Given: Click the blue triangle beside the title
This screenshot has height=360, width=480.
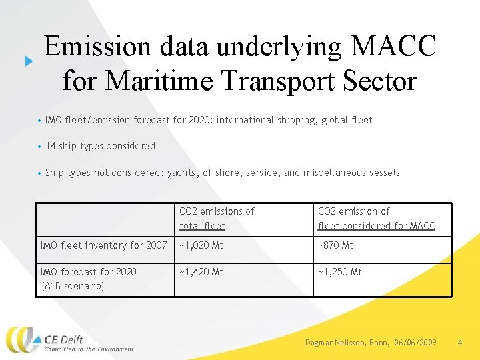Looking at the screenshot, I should tap(29, 61).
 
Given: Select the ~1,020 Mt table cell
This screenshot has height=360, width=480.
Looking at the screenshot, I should tap(201, 245).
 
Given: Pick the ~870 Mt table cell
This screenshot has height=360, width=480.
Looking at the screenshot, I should tap(336, 245).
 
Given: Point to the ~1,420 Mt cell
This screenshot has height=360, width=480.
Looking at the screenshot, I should tap(201, 272).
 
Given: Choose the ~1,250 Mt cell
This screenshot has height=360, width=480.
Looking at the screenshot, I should tap(340, 272).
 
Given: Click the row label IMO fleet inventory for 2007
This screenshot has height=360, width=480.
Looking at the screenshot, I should tap(104, 245).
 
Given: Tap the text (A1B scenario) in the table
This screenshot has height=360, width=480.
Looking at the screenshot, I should tap(73, 285).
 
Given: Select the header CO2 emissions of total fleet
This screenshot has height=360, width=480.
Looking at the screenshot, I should tap(217, 219).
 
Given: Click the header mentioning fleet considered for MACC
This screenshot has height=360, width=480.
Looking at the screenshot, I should tap(376, 226).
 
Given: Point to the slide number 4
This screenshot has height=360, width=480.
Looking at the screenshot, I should tap(460, 342).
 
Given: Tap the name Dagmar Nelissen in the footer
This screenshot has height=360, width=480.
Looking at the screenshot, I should tap(332, 342).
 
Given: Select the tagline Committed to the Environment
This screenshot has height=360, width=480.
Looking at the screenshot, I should tap(89, 349).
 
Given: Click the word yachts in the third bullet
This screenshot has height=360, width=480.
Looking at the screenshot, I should tap(185, 173).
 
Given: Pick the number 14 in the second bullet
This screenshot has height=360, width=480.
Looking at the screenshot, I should tap(51, 146).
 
